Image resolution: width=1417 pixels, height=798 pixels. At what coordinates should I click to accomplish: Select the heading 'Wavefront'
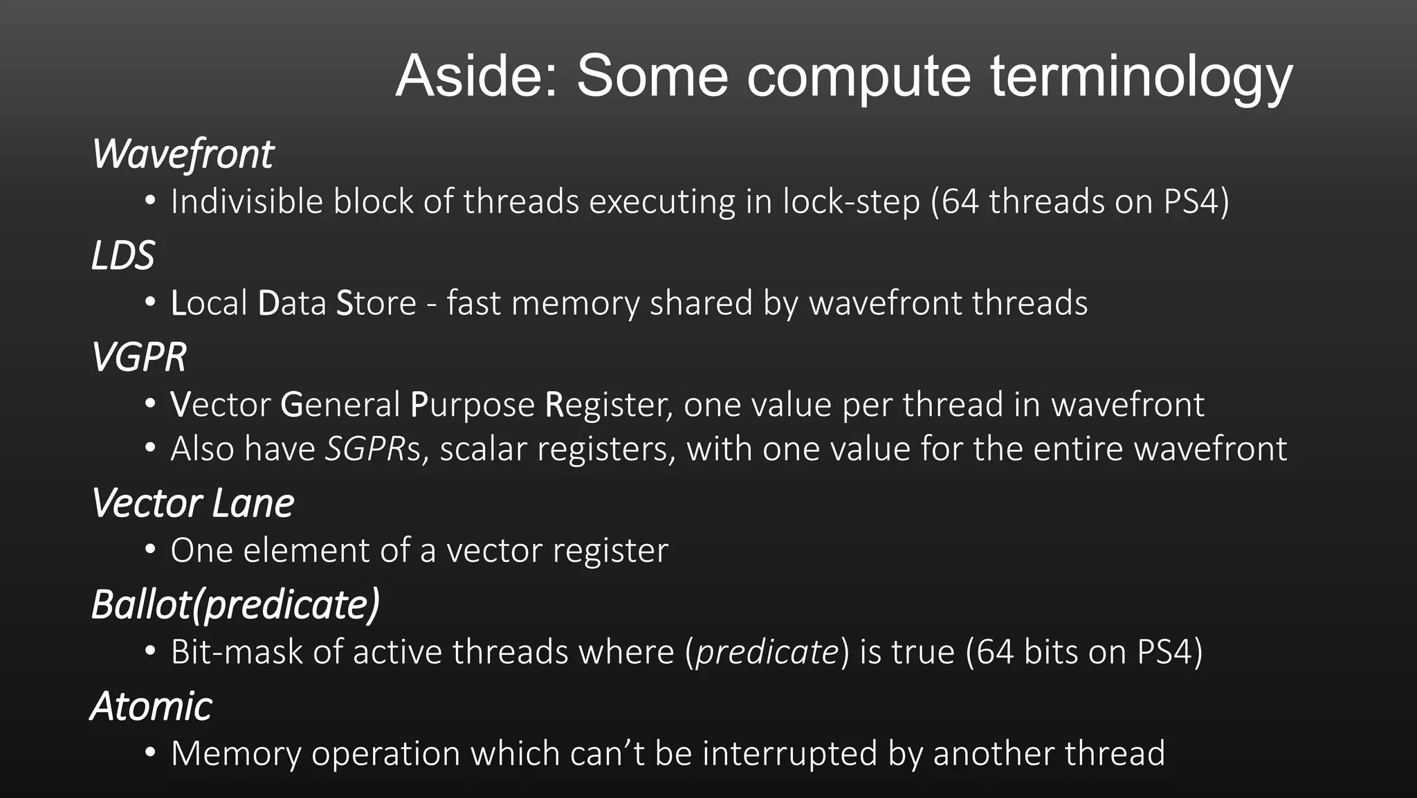tap(183, 154)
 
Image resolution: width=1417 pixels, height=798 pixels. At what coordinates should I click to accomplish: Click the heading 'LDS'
tap(122, 255)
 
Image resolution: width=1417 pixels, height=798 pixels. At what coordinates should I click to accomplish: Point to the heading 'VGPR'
tap(138, 357)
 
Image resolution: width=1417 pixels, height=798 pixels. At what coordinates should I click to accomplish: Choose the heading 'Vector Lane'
tap(192, 503)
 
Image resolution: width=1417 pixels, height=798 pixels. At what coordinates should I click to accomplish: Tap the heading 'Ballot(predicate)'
tap(235, 604)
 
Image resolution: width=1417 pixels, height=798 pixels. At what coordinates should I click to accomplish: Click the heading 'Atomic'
tap(151, 706)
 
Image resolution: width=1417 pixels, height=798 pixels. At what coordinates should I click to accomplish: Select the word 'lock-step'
tap(851, 202)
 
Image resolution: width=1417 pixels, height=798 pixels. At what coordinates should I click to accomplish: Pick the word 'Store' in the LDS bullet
tap(376, 303)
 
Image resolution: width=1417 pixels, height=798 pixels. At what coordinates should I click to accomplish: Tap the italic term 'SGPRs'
tap(373, 448)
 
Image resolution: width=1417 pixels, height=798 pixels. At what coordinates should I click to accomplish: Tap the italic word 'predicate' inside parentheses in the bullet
tap(767, 652)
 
